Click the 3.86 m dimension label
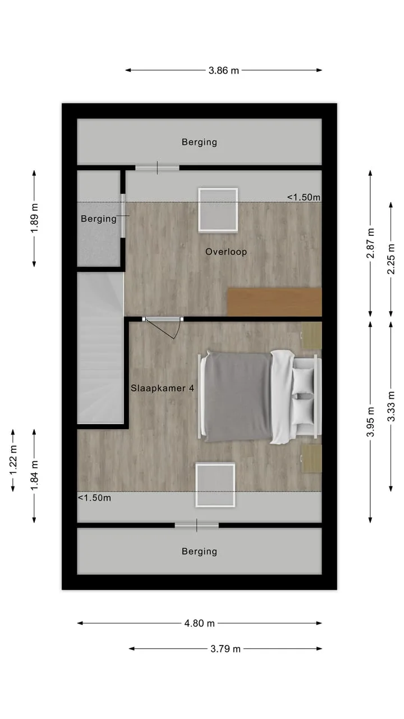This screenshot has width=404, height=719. tap(224, 71)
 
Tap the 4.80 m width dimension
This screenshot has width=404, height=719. tap(199, 624)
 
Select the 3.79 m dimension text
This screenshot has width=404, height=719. tap(226, 649)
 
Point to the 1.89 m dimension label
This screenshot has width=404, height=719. tap(34, 219)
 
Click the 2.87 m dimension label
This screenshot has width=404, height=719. tap(370, 243)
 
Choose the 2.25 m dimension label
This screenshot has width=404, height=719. tap(391, 259)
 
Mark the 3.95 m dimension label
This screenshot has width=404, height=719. tap(370, 422)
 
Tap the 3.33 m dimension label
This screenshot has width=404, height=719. tap(391, 406)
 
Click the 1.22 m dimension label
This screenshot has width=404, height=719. tap(13, 460)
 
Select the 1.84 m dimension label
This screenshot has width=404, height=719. tap(34, 475)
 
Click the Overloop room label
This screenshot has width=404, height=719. tap(226, 252)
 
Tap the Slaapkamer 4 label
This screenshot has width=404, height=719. tap(162, 388)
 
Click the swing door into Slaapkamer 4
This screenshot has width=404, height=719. tap(162, 327)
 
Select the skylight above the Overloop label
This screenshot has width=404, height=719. tap(218, 210)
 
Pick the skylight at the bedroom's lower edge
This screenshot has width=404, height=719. tap(215, 485)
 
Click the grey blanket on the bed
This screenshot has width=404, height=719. tap(238, 397)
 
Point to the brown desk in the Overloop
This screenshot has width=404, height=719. tap(274, 302)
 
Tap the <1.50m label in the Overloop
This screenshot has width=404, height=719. tap(304, 197)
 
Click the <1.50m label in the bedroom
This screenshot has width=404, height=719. tap(94, 498)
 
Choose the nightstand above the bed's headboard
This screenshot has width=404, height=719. tap(311, 335)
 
